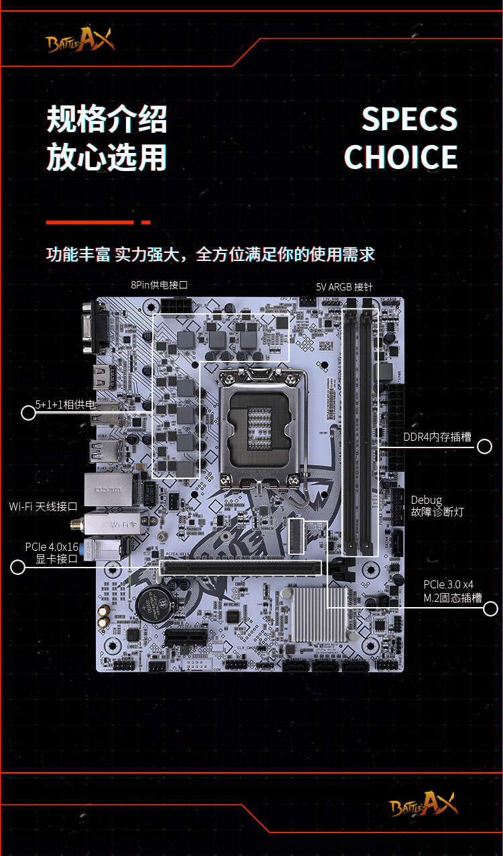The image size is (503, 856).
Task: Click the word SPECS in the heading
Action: pyautogui.click(x=409, y=119)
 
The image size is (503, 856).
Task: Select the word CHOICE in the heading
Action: pyautogui.click(x=400, y=157)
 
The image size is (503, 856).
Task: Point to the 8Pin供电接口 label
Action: pyautogui.click(x=159, y=285)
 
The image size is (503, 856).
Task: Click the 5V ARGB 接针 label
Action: pyautogui.click(x=344, y=287)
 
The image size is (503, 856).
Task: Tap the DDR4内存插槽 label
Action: pyautogui.click(x=437, y=437)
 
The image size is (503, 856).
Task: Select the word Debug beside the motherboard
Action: pyautogui.click(x=427, y=500)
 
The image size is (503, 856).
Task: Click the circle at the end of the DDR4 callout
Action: pyautogui.click(x=484, y=447)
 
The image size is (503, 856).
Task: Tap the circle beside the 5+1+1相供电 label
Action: pyautogui.click(x=28, y=413)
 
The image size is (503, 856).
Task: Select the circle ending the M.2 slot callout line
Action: pyautogui.click(x=490, y=608)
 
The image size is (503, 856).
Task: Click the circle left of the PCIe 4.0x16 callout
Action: pyautogui.click(x=18, y=568)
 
